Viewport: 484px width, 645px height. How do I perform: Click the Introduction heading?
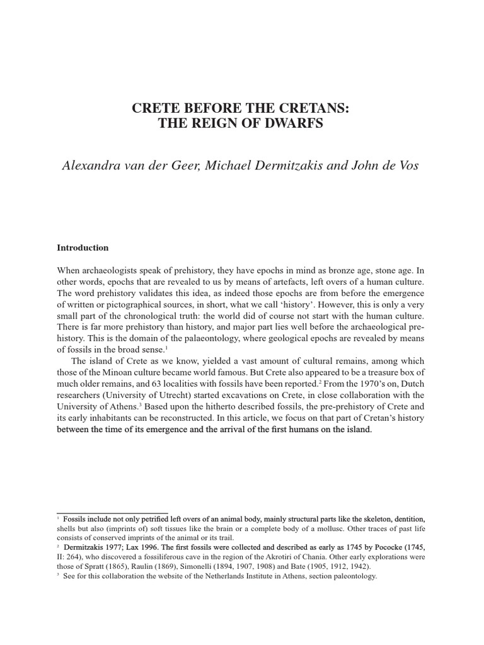tap(83, 248)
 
